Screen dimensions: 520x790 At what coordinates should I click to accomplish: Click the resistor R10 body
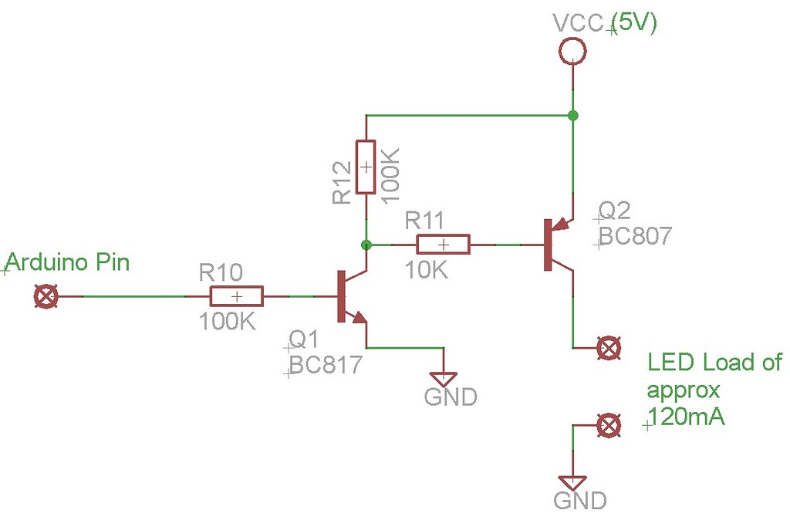[237, 296]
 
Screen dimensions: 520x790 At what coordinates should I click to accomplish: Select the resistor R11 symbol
[443, 245]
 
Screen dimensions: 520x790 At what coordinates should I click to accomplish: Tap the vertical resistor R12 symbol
[366, 167]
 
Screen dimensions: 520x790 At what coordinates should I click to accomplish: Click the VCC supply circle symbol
[572, 52]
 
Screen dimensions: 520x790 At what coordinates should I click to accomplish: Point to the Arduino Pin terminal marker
[47, 296]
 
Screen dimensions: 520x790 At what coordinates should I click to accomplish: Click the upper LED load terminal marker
[609, 348]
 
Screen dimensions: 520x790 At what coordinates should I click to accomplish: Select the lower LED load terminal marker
[609, 424]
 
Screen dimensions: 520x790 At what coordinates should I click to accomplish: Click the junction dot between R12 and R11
[366, 245]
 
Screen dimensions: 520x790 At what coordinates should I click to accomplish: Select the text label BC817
[325, 364]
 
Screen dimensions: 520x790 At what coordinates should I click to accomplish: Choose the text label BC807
[636, 236]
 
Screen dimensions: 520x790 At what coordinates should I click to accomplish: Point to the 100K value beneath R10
[228, 322]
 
